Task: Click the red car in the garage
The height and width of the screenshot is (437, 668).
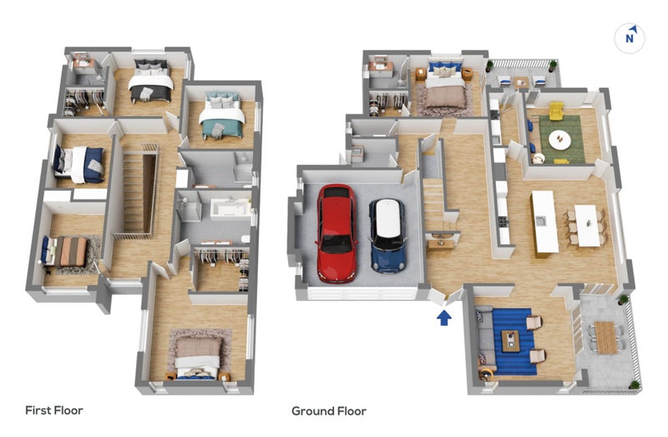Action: click(337, 233)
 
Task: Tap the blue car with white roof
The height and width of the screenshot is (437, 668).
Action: click(387, 236)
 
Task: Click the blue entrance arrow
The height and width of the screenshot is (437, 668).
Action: click(444, 318)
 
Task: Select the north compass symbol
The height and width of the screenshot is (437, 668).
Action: click(630, 38)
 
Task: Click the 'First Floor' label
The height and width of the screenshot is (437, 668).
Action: click(54, 410)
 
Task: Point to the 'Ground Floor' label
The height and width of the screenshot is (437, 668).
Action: click(329, 411)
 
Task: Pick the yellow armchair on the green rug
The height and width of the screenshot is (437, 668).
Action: click(556, 110)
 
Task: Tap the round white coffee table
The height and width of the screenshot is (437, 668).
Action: click(559, 140)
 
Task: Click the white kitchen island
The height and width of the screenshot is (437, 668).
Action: click(544, 221)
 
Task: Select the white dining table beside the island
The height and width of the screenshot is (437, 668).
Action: click(588, 226)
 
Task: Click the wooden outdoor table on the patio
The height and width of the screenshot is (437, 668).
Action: click(605, 338)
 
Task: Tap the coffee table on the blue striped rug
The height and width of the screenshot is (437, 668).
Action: click(510, 341)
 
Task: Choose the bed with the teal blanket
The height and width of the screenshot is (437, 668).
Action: click(221, 115)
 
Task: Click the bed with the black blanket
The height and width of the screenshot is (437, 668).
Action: click(150, 81)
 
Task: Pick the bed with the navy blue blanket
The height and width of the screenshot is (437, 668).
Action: click(78, 164)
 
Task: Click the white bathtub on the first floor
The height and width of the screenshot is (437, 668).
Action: click(230, 210)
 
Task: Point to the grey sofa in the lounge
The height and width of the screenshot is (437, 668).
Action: click(484, 340)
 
